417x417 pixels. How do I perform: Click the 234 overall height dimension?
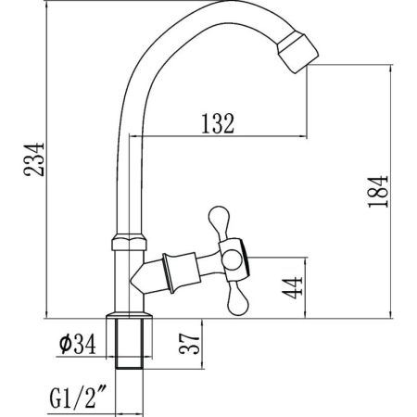pyautogui.click(x=34, y=159)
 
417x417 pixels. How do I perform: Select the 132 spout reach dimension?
pyautogui.click(x=218, y=123)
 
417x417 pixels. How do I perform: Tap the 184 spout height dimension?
pyautogui.click(x=378, y=192)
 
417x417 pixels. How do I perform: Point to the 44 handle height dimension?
pyautogui.click(x=292, y=288)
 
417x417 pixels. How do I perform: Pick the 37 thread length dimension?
pyautogui.click(x=190, y=343)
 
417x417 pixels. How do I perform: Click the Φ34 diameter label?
pyautogui.click(x=78, y=344)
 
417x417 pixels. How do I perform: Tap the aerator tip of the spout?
pyautogui.click(x=297, y=54)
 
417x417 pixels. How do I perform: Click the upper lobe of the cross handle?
pyautogui.click(x=220, y=221)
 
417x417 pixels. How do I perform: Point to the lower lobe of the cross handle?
pyautogui.click(x=238, y=299)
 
